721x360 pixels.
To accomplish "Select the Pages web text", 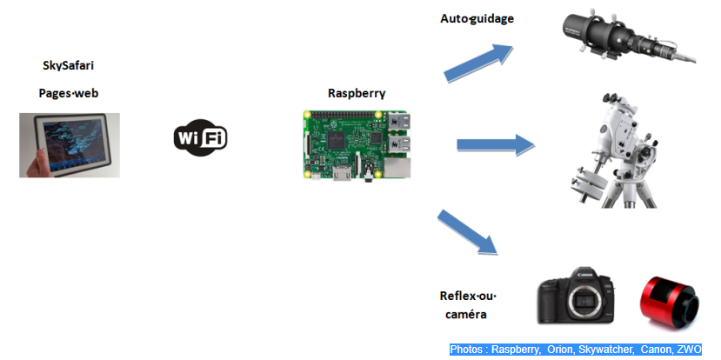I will click(x=70, y=93).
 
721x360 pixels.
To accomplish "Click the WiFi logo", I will click(x=202, y=137).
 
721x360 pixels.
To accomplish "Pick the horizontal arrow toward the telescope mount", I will click(x=494, y=144).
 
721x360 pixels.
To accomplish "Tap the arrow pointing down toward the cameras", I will click(x=471, y=232).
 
